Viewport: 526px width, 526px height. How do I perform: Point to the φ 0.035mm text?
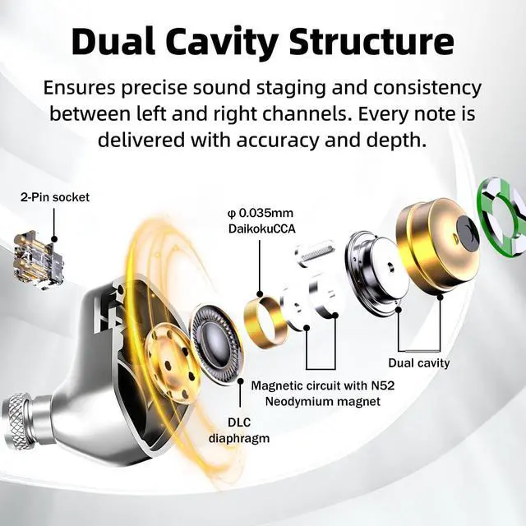[x=260, y=215]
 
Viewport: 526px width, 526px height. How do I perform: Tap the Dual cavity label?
[x=419, y=362]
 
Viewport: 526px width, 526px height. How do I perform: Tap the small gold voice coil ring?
[x=265, y=321]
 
